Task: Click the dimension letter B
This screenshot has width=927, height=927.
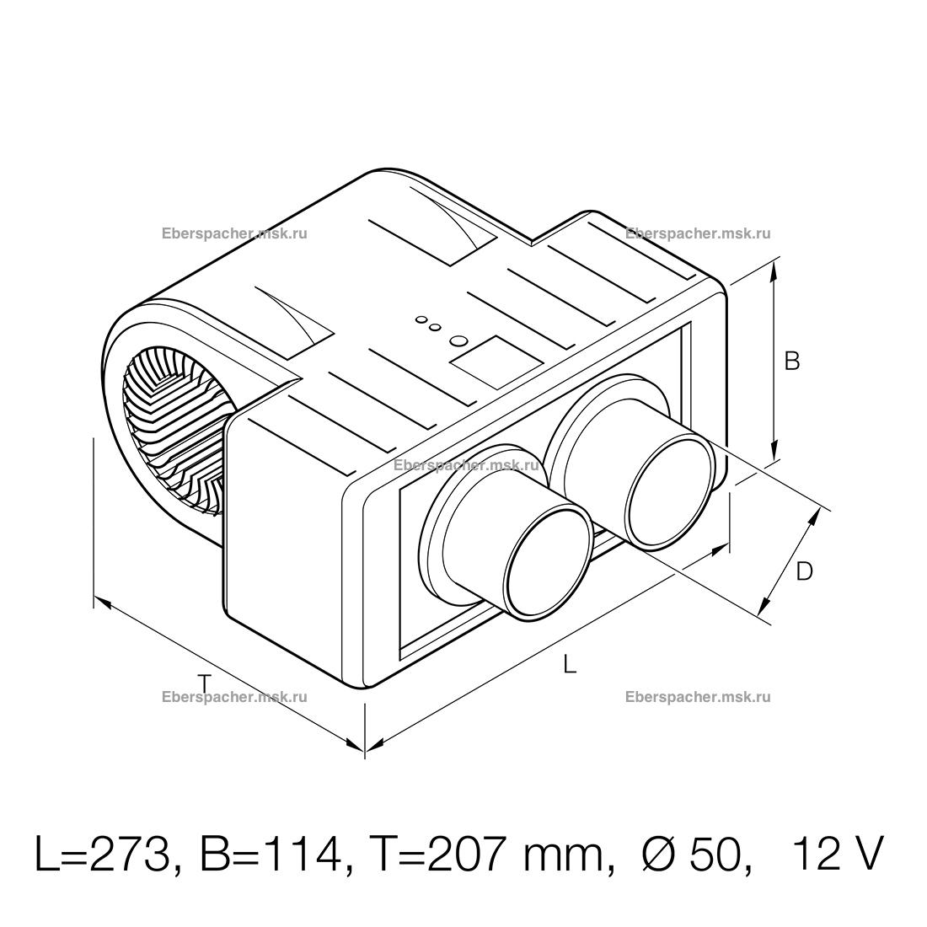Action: [x=791, y=361]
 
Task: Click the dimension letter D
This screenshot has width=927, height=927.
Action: [x=804, y=571]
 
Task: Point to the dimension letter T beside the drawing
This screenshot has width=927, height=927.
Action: [x=204, y=683]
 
